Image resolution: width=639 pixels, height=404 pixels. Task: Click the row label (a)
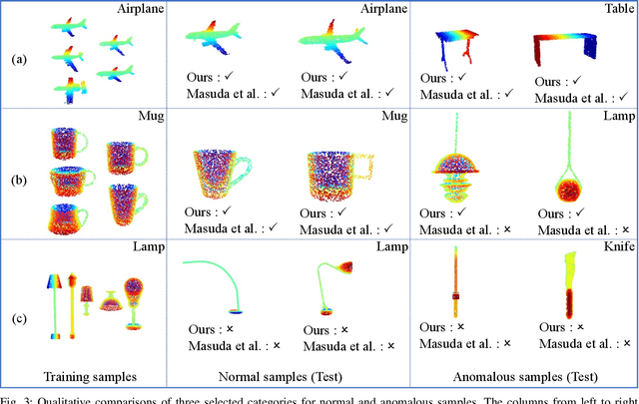[x=17, y=59]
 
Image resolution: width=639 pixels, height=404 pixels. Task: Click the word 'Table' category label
[x=614, y=10]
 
